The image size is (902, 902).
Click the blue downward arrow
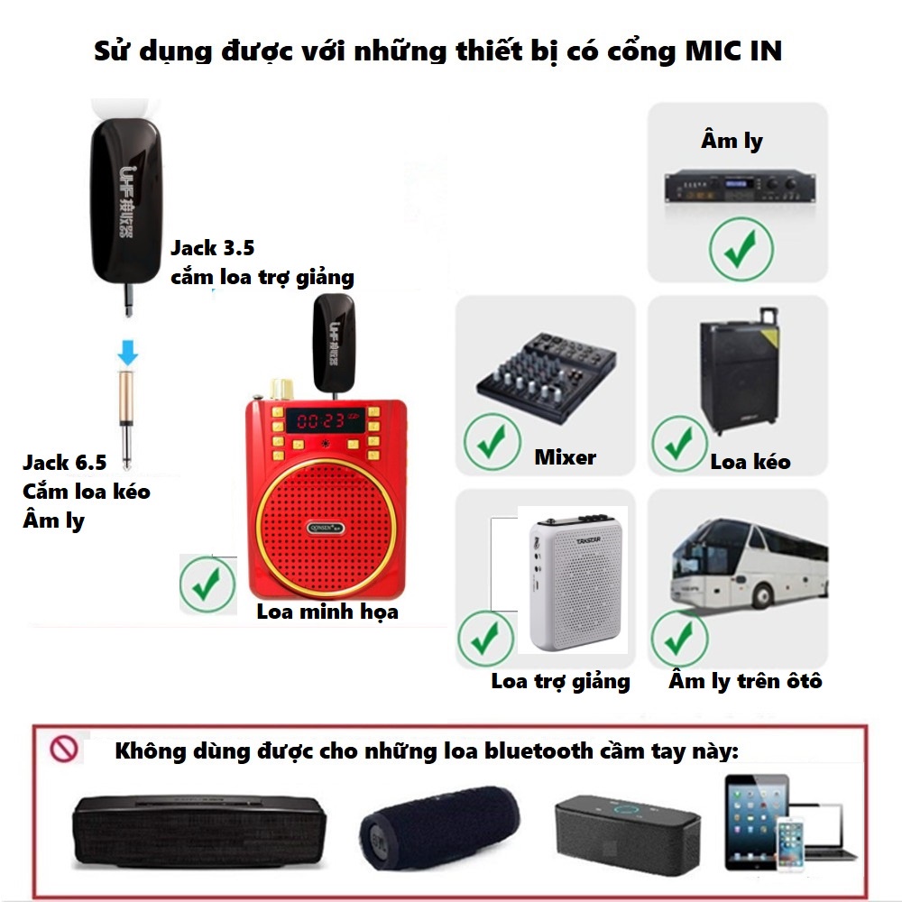(x=128, y=352)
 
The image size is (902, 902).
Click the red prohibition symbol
(x=65, y=750)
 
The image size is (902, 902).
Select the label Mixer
(x=566, y=457)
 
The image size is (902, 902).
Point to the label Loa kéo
(x=750, y=462)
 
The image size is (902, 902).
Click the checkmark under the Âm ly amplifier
(x=741, y=250)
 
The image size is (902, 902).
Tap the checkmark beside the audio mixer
(x=491, y=442)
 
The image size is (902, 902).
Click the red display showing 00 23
(x=321, y=419)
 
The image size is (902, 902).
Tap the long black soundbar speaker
(x=198, y=832)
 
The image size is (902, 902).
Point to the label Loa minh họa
(x=327, y=612)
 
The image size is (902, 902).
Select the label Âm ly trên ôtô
(x=745, y=681)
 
